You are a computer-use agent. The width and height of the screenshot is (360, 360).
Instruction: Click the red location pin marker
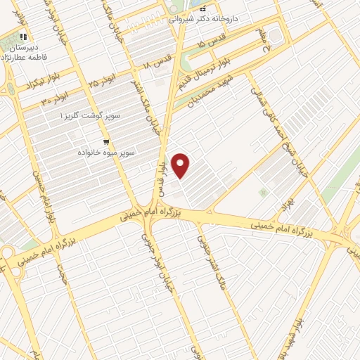coord(181,166)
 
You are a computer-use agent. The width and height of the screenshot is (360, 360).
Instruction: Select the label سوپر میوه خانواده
coord(107,151)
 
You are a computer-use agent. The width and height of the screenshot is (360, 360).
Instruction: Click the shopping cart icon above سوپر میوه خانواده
coord(106,141)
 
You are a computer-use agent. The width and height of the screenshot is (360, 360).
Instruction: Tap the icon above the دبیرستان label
coord(23,37)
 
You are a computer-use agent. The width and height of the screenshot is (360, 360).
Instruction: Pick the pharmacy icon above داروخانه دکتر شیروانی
coord(202,8)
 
